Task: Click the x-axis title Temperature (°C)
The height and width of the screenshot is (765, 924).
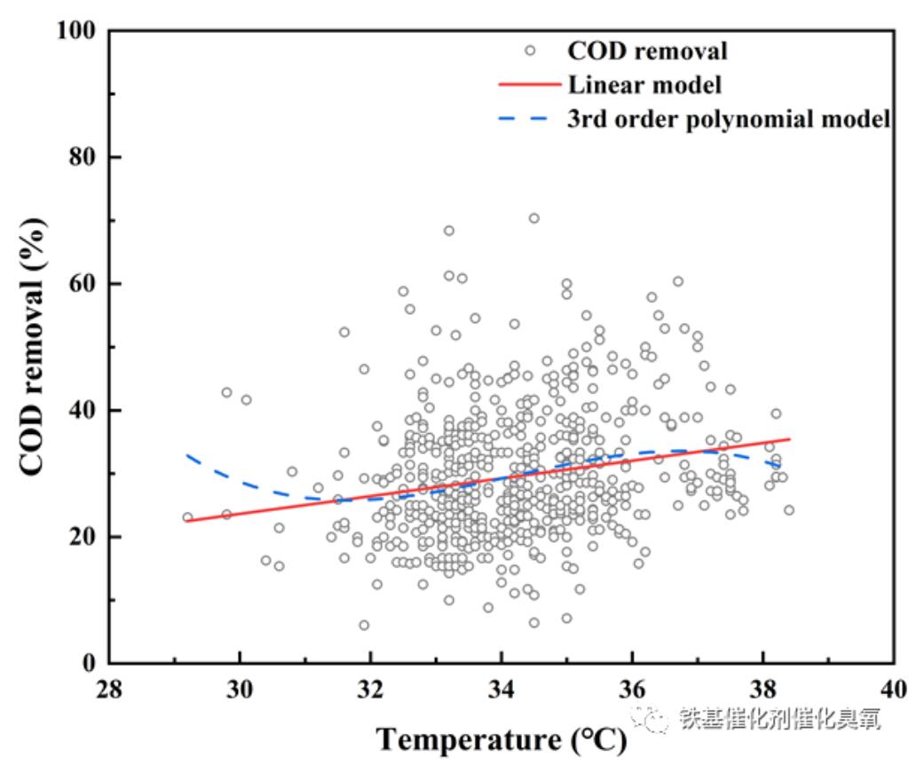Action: coord(501,739)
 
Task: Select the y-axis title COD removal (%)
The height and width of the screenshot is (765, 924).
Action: coord(32,346)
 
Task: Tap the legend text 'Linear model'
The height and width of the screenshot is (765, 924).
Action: coord(644,84)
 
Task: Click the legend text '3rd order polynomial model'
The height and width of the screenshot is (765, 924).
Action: coord(729,119)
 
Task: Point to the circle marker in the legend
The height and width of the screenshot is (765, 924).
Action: coord(530,51)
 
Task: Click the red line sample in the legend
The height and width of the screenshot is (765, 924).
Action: coord(530,85)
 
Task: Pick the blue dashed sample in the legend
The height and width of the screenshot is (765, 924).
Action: coord(530,119)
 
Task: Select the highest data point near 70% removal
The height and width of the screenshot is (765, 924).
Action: coord(533,218)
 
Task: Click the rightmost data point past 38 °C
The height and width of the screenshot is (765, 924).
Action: coord(788,510)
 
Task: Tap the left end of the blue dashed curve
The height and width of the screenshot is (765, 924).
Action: coord(186,455)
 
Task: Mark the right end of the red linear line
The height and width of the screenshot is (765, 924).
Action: coord(789,438)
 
